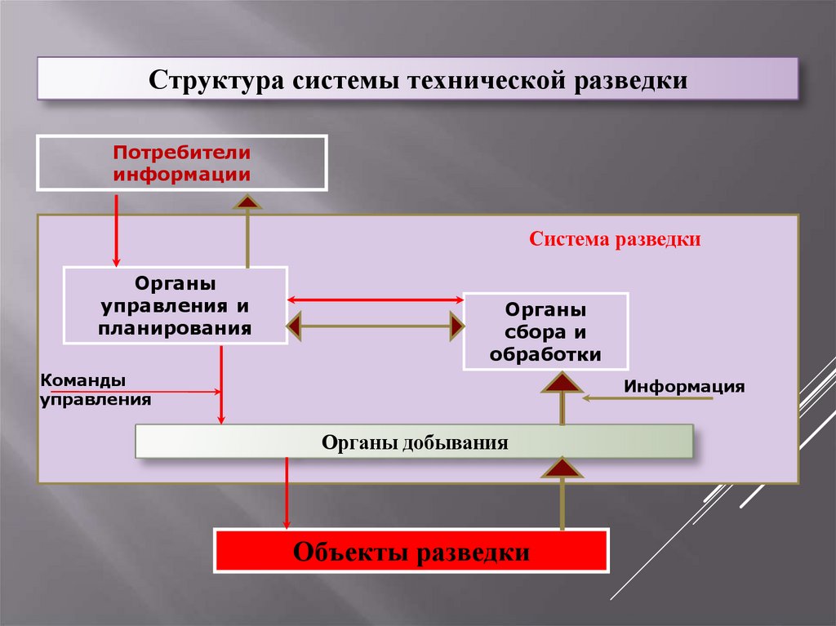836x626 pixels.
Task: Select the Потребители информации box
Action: click(x=181, y=163)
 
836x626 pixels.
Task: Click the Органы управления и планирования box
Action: click(x=175, y=306)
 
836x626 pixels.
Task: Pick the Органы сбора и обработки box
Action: click(x=545, y=331)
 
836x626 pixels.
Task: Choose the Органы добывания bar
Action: click(x=414, y=442)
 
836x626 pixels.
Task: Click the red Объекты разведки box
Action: click(x=411, y=551)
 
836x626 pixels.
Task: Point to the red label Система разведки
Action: click(x=615, y=240)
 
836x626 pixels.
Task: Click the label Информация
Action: click(x=684, y=386)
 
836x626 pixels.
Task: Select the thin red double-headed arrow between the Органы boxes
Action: click(x=376, y=300)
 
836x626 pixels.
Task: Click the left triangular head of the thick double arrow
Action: click(x=295, y=327)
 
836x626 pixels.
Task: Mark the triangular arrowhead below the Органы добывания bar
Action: click(x=562, y=468)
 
